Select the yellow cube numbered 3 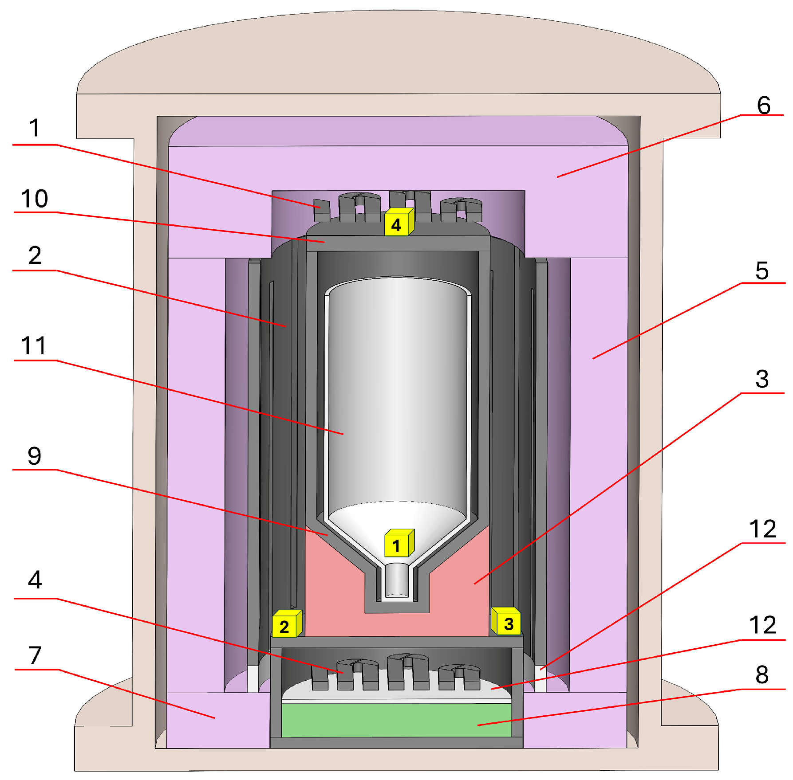507,622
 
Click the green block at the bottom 396,720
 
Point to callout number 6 763,105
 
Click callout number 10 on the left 34,199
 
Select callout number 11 34,346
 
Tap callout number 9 34,456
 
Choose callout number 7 35,655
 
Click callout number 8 762,674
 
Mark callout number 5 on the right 761,271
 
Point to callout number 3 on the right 762,380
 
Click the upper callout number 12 762,529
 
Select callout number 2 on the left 35,255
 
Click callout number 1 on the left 35,129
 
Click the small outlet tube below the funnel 397,581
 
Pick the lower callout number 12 762,625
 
